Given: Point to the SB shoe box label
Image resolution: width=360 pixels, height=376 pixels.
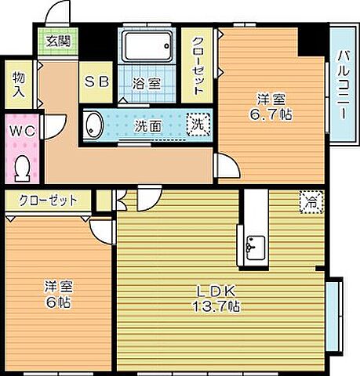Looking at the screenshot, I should [x=98, y=81].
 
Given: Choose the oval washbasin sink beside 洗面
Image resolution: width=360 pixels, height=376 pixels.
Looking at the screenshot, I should [x=94, y=124].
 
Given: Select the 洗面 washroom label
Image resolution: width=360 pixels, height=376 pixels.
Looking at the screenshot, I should [x=148, y=125].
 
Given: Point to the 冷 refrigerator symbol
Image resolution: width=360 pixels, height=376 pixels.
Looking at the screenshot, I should [x=311, y=201].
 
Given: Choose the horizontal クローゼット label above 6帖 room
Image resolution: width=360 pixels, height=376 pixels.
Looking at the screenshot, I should [x=48, y=200].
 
